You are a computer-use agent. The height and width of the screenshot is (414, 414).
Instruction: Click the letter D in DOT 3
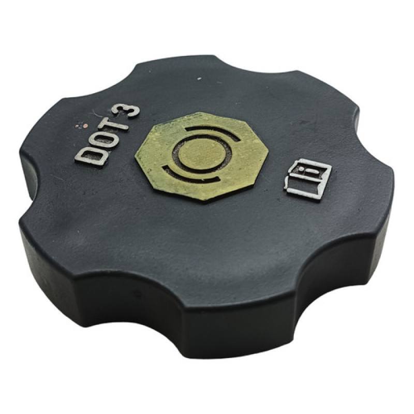(x=90, y=157)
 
